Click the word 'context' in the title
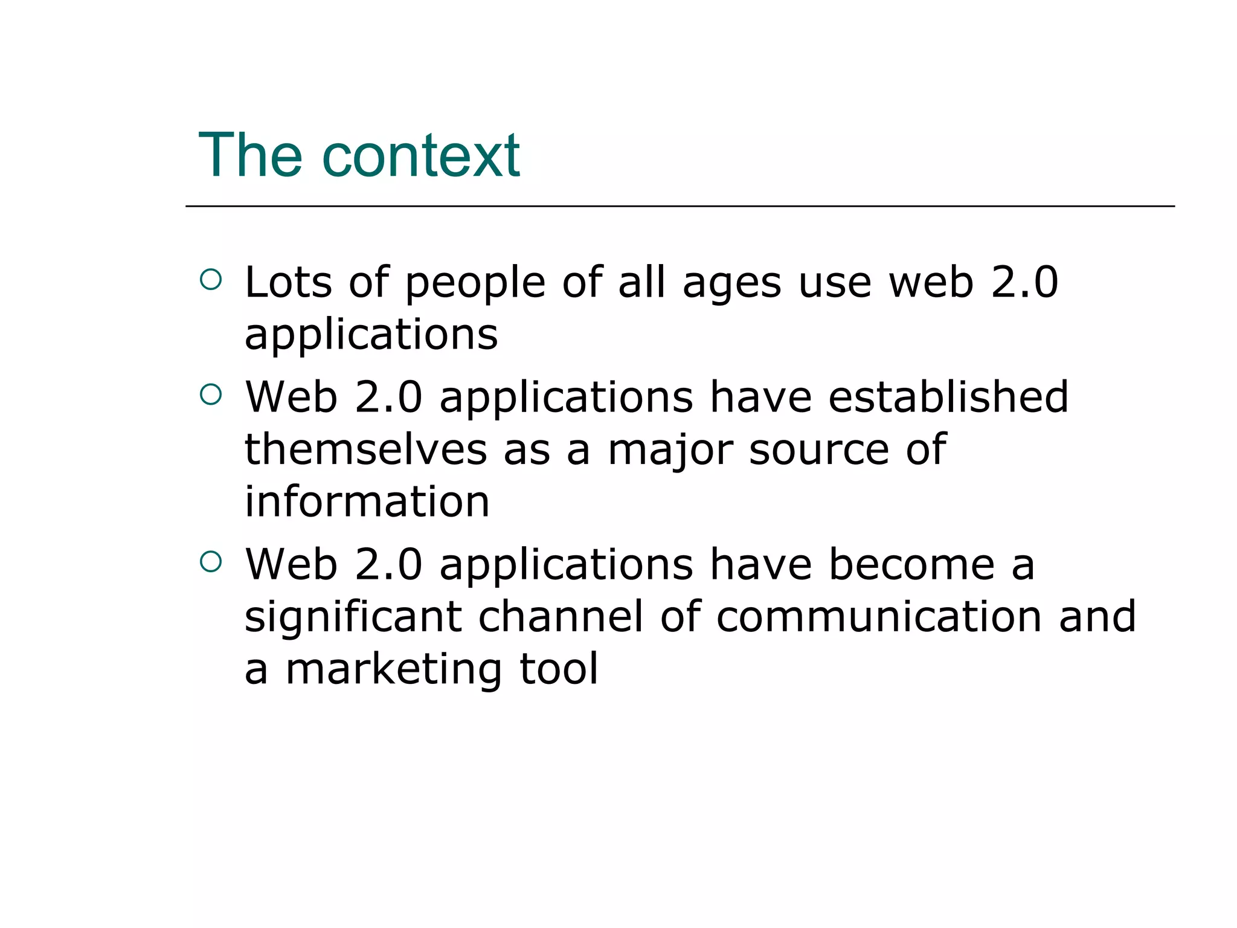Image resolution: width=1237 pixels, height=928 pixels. point(421,156)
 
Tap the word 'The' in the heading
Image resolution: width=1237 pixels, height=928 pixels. point(250,156)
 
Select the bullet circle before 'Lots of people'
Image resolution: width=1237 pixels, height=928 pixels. point(211,279)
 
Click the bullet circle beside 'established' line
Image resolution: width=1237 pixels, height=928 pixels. point(211,395)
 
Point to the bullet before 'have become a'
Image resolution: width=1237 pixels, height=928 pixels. point(211,562)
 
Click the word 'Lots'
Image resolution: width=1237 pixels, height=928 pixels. point(288,282)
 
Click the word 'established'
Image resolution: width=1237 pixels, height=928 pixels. point(948,398)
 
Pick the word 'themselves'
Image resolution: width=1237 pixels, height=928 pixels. point(365,449)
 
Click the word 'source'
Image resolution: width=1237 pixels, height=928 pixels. point(819,451)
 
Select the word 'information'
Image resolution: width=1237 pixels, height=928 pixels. point(367,501)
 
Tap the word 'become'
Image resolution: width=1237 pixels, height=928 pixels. point(911,565)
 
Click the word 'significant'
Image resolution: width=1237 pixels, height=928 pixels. point(353,617)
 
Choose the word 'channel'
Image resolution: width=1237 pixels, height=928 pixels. point(561,617)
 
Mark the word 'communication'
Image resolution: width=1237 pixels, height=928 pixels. point(879,617)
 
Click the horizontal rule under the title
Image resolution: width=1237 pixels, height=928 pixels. point(680,206)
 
